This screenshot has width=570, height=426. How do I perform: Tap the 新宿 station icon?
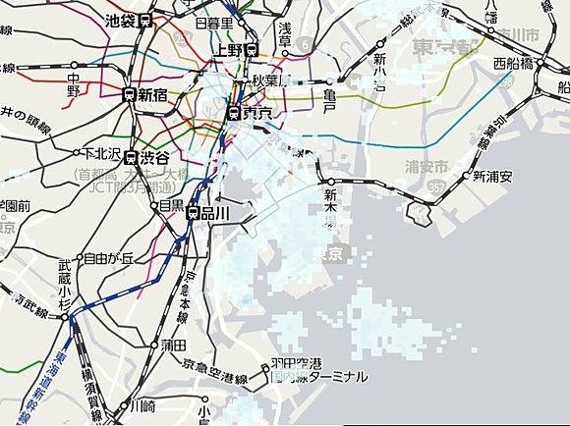[129, 94]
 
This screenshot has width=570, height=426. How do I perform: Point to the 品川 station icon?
[194, 213]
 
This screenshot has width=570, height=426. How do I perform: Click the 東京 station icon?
[234, 113]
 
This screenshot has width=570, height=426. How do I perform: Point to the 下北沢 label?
[100, 153]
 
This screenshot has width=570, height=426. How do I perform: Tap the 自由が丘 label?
[109, 259]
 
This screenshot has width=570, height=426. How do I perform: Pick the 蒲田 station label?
[173, 345]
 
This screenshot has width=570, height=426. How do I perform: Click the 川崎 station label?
[142, 404]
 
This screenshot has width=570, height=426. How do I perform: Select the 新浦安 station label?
[492, 177]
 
